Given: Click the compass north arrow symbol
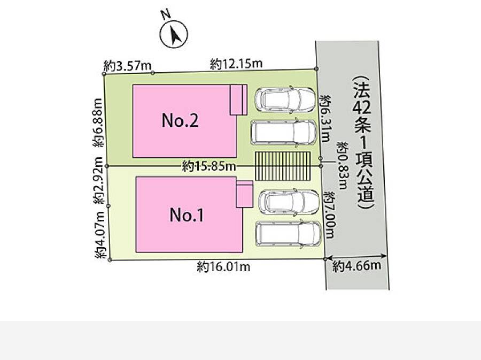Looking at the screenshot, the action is point(174,34).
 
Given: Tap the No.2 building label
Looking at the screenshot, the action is point(180,120).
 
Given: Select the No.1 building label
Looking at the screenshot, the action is point(187,215).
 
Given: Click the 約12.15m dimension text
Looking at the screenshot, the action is point(236,64).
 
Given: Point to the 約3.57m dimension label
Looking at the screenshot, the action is point(127,65).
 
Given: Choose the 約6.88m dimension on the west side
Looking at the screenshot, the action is point(98,122).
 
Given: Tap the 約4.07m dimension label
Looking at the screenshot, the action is point(100,235).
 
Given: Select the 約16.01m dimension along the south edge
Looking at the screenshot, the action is point(223,267).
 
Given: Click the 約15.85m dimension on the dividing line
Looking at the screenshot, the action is point(209,166).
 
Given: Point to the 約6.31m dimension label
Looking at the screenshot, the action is point(324,118).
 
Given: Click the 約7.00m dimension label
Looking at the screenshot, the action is point(329,215).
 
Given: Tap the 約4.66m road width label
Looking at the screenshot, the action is point(357,265).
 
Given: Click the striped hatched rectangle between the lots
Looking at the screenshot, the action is point(283,166).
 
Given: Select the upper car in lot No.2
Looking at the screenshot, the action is point(285,99).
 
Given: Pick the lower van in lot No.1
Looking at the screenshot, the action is point(289,234).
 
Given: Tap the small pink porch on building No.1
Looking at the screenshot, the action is point(244,194).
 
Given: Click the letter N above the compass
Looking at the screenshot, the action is point(166,14).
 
